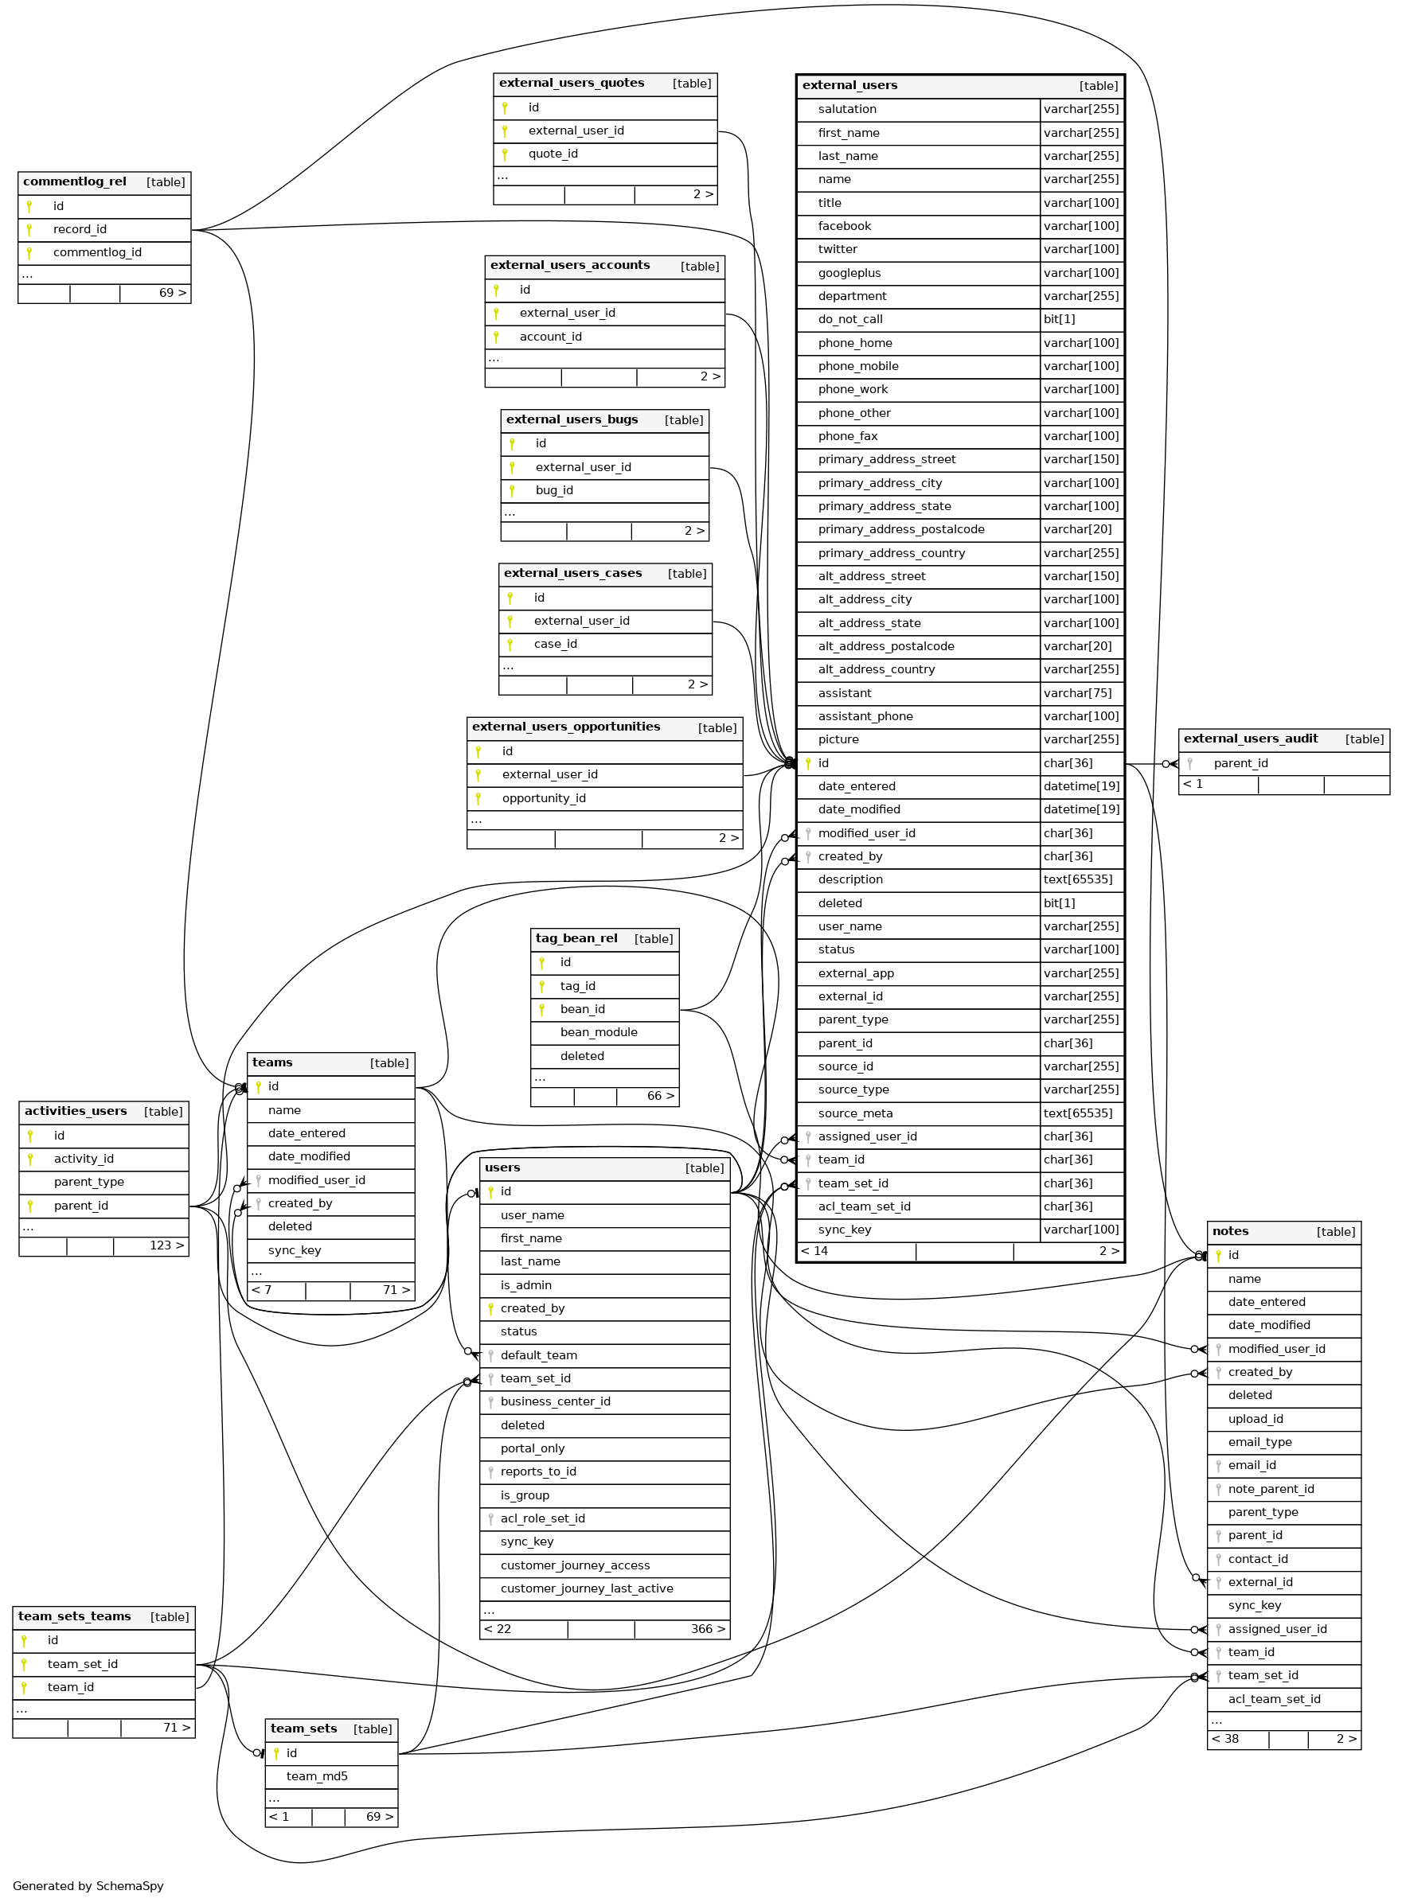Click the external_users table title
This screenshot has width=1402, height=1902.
[x=849, y=86]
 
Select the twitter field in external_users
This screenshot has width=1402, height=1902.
[x=837, y=249]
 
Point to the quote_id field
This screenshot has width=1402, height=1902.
[x=553, y=154]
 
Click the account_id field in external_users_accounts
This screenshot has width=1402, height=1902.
[x=550, y=337]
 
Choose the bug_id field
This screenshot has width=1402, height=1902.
[x=553, y=490]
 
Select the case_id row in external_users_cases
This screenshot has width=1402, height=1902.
[x=555, y=644]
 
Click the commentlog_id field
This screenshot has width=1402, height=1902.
[x=97, y=253]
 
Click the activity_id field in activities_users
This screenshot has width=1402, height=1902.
[x=83, y=1159]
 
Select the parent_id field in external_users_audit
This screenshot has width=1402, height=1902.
[x=1240, y=763]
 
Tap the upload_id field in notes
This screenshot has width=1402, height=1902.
[x=1255, y=1419]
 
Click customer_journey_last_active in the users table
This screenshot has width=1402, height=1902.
[x=586, y=1589]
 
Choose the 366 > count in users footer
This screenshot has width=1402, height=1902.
[x=707, y=1630]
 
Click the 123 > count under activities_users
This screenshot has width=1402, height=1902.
[x=166, y=1245]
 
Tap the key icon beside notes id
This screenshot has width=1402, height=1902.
[x=1218, y=1256]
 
